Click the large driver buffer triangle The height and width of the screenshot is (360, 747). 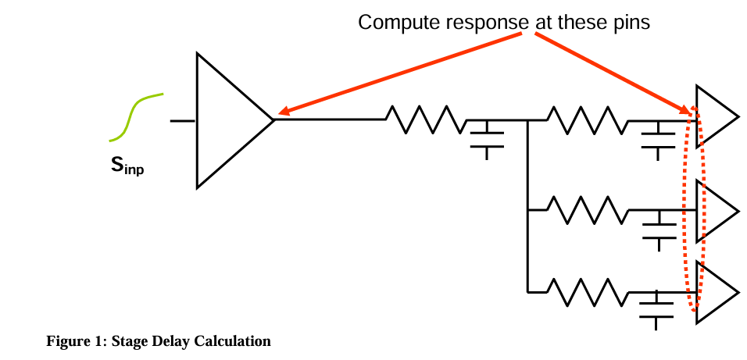point(227,120)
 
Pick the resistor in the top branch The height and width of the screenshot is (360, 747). point(586,120)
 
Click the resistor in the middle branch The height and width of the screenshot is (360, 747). point(586,210)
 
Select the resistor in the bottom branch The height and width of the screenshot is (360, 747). point(586,292)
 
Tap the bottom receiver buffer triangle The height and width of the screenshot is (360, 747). point(713,292)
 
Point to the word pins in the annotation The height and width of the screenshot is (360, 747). point(632,23)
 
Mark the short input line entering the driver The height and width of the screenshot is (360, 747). point(183,120)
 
